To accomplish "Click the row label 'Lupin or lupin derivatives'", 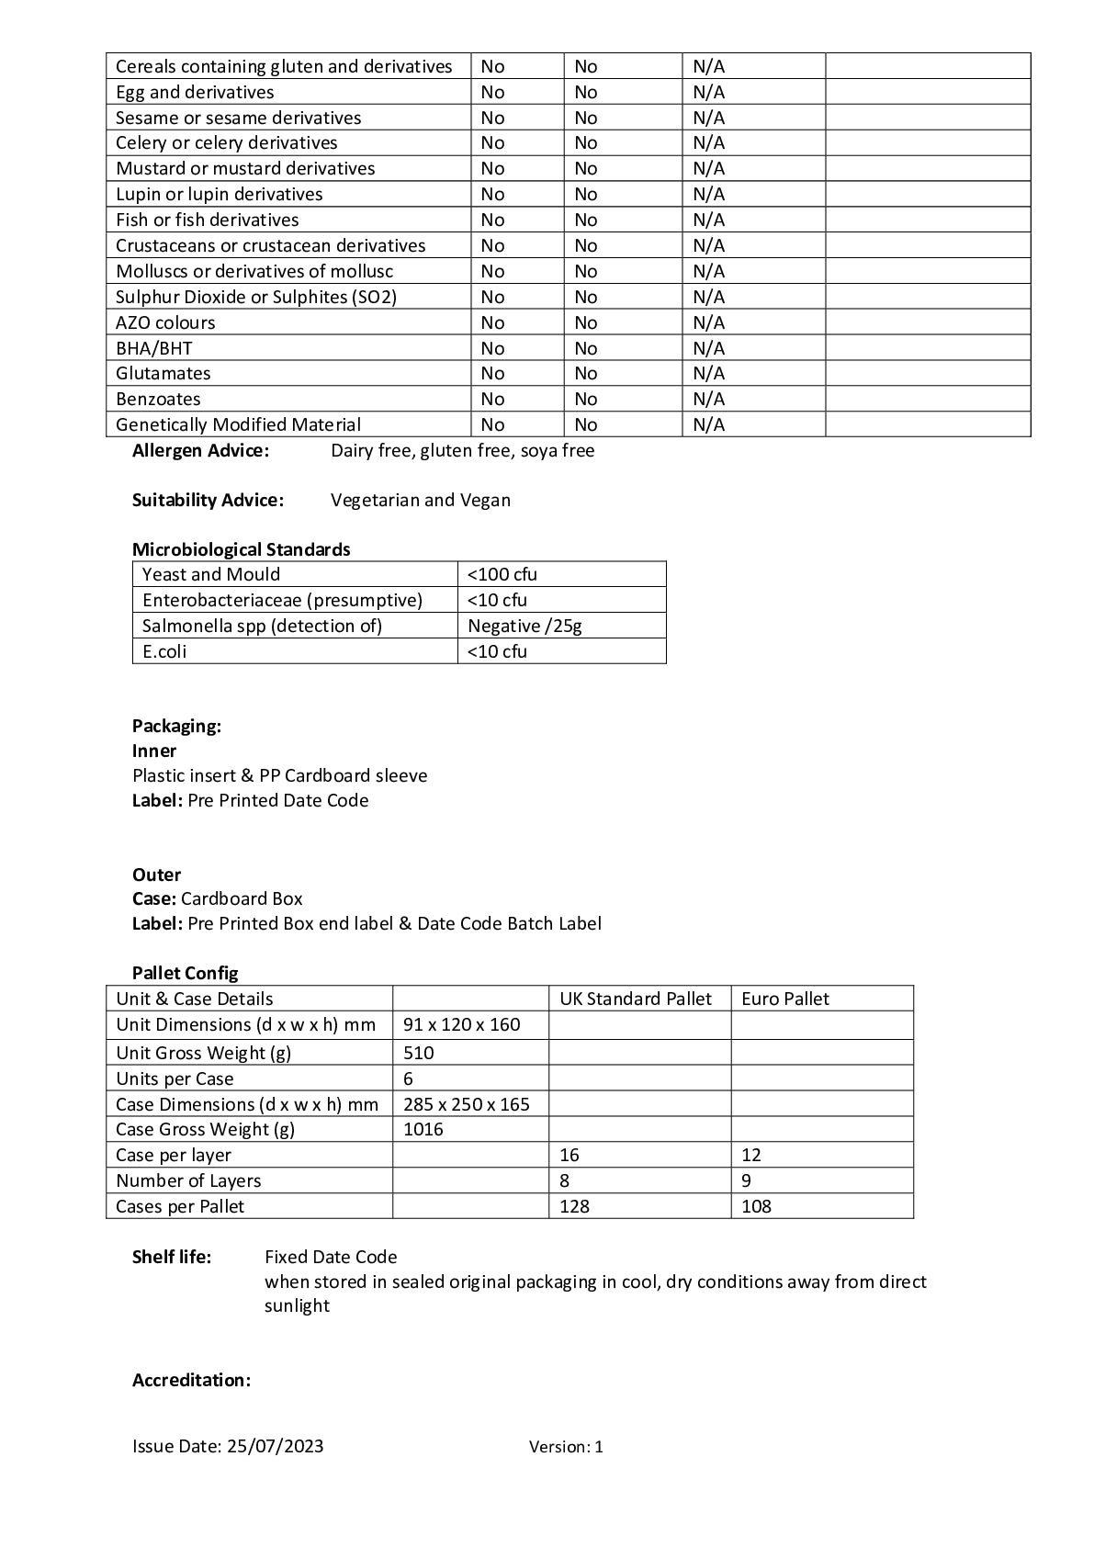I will (219, 194).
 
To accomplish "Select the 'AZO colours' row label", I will (165, 322).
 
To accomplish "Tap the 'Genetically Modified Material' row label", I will (238, 424).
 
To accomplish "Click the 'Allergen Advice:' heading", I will (200, 450).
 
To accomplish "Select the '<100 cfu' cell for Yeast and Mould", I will (502, 574).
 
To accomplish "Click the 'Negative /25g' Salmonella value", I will (524, 626).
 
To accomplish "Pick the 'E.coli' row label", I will (164, 651).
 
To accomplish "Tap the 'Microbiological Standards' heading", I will (241, 549).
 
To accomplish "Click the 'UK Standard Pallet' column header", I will (636, 999).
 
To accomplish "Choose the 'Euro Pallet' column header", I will (785, 999).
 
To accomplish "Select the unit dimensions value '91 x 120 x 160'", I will (461, 1024).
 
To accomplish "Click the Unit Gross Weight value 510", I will (419, 1053).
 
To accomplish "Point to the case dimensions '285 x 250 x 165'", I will (467, 1104).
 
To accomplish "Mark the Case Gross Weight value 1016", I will (423, 1129).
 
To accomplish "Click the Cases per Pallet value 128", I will (574, 1206).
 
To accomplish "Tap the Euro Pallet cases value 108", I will (756, 1206).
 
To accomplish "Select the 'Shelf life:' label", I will (172, 1257).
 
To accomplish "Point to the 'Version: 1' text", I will (566, 1447).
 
